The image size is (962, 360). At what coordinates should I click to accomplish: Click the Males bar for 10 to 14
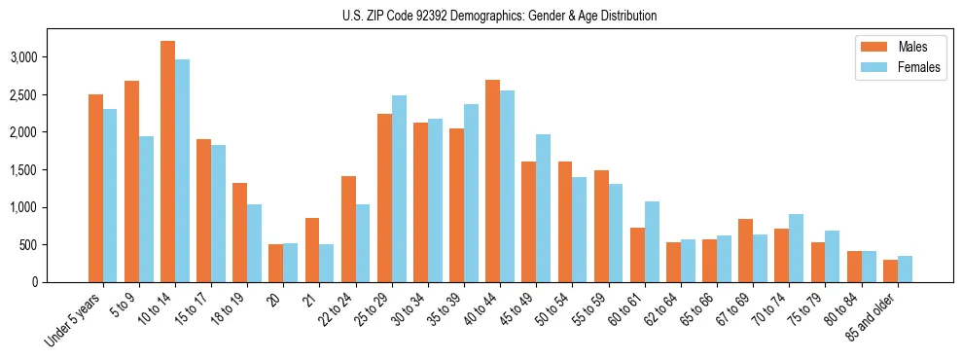(x=167, y=162)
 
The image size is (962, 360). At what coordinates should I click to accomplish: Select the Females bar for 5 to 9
(x=146, y=209)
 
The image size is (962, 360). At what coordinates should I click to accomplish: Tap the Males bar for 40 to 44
(x=492, y=181)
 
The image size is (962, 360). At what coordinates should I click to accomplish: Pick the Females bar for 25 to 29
(x=399, y=189)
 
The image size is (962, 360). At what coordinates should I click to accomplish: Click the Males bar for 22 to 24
(x=348, y=229)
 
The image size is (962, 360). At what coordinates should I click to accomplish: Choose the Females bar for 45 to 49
(x=543, y=208)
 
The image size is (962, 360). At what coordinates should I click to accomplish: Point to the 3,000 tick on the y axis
(x=51, y=57)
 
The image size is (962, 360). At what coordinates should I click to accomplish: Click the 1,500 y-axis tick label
(x=51, y=170)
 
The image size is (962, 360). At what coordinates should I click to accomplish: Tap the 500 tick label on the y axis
(x=56, y=245)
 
